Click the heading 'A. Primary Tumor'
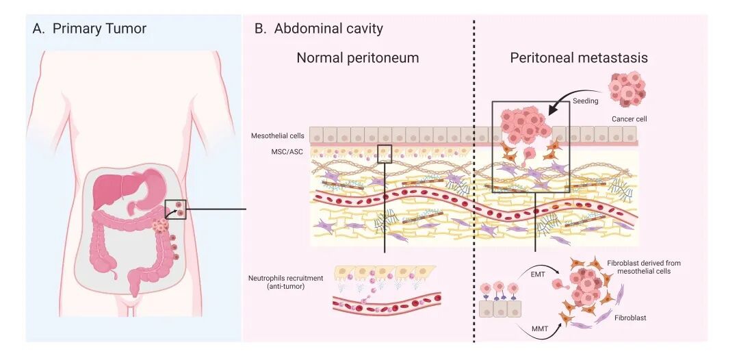click(x=89, y=29)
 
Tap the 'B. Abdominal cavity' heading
click(x=318, y=29)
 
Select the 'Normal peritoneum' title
click(x=357, y=58)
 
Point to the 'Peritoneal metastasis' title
click(x=579, y=58)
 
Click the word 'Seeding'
click(x=586, y=101)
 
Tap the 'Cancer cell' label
click(x=630, y=119)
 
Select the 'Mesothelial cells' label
click(x=277, y=136)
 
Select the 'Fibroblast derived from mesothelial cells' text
click(x=643, y=267)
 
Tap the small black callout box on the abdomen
click(x=176, y=209)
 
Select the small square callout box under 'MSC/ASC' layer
click(x=385, y=153)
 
